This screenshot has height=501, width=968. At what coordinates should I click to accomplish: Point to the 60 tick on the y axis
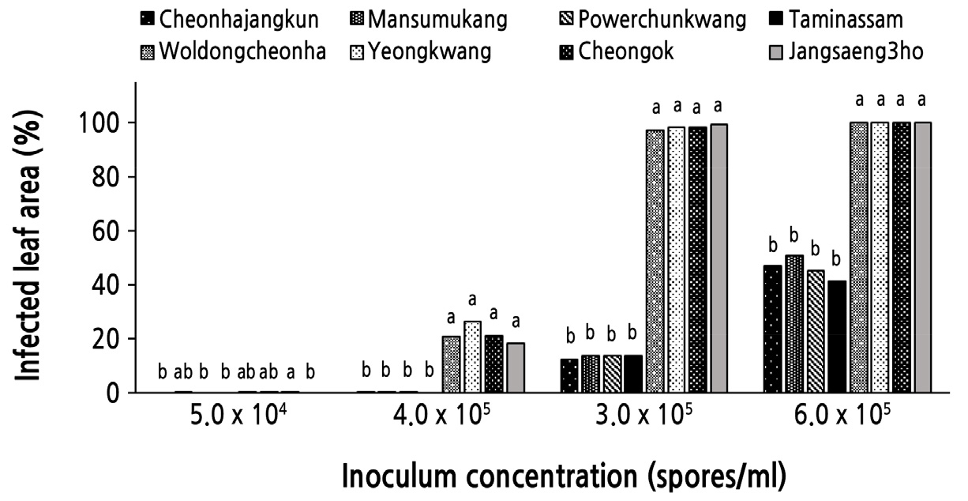pyautogui.click(x=107, y=232)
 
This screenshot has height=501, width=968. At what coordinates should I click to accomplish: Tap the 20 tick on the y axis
pyautogui.click(x=107, y=339)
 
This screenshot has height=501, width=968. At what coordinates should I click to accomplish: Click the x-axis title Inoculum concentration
pyautogui.click(x=564, y=477)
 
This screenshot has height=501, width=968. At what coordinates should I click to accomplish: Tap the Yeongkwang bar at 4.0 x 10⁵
pyautogui.click(x=472, y=356)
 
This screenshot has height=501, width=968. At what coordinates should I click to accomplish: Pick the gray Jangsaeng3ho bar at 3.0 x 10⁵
pyautogui.click(x=718, y=258)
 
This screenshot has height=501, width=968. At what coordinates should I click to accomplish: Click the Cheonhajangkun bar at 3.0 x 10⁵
pyautogui.click(x=569, y=375)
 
